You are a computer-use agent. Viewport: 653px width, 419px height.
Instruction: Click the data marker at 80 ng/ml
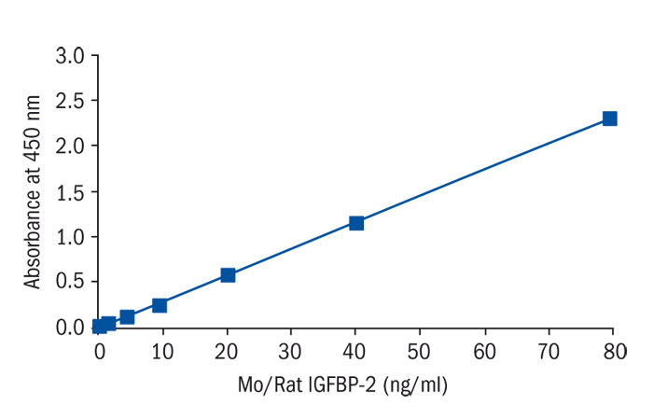click(x=609, y=119)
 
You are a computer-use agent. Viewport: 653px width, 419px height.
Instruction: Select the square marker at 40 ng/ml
click(x=355, y=223)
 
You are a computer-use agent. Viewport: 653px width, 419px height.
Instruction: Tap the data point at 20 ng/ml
click(x=228, y=275)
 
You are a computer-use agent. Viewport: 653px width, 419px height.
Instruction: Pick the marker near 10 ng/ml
click(x=160, y=305)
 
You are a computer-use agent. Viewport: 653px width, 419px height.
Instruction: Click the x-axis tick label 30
click(x=292, y=351)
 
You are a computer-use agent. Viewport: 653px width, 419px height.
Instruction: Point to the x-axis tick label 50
click(x=420, y=351)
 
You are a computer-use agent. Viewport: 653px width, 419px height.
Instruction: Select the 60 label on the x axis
click(x=484, y=351)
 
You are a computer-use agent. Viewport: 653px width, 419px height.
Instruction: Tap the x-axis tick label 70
click(x=549, y=351)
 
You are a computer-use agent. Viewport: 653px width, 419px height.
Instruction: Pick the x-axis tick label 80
click(x=613, y=351)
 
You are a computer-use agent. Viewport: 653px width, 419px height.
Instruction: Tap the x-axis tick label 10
click(x=163, y=351)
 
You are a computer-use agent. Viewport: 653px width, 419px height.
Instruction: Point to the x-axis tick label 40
click(x=355, y=351)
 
